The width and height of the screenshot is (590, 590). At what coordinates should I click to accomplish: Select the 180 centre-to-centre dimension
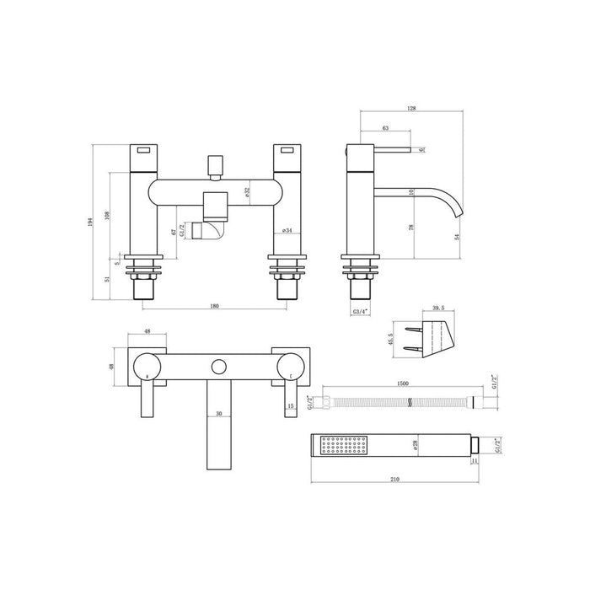[x=214, y=306]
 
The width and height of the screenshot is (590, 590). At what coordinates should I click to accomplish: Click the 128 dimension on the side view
[x=411, y=109]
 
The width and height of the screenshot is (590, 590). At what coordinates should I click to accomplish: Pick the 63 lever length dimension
[x=385, y=128]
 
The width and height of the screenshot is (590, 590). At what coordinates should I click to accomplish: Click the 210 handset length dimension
[x=395, y=480]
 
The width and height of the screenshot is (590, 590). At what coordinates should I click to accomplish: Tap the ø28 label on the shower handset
[x=416, y=444]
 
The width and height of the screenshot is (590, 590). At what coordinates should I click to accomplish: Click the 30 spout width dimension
[x=218, y=414]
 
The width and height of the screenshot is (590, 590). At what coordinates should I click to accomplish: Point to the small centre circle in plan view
[x=219, y=367]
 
